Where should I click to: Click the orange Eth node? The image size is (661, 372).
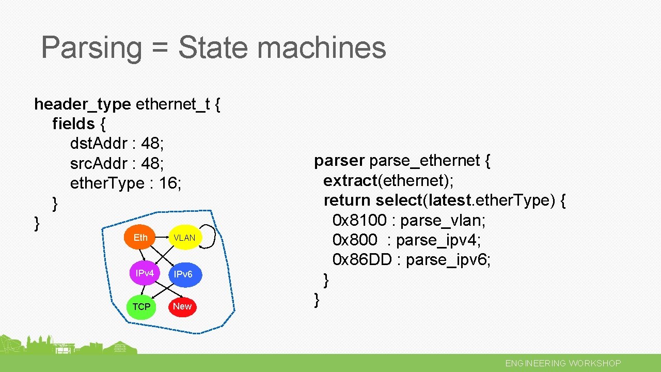click(x=140, y=238)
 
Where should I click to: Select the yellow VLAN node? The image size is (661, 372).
click(x=184, y=238)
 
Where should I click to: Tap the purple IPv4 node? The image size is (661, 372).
click(x=145, y=273)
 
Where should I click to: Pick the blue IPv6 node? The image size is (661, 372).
click(x=183, y=274)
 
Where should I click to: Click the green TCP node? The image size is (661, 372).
click(x=141, y=307)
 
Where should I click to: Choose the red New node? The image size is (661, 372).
click(x=182, y=306)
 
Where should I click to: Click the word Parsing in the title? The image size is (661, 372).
click(x=91, y=48)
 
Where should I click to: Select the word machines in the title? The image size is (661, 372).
click(x=321, y=48)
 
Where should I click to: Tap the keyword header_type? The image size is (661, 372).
click(x=82, y=104)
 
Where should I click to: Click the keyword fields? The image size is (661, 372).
click(x=73, y=124)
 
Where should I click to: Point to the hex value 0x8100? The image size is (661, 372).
click(x=359, y=221)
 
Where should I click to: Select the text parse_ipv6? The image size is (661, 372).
click(x=448, y=260)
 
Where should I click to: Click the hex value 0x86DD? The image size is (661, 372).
click(x=363, y=260)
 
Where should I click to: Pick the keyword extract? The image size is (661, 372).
click(x=350, y=181)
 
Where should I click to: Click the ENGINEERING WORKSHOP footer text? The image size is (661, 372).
click(x=563, y=363)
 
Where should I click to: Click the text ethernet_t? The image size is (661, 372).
click(x=172, y=104)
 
